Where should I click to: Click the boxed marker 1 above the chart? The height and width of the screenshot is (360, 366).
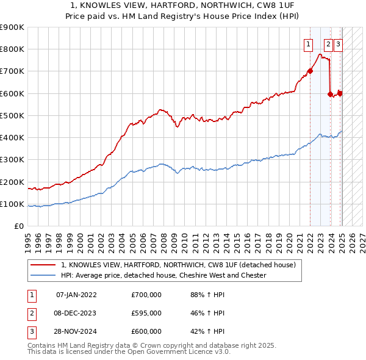[308, 44]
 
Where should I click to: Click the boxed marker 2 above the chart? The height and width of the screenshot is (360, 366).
[328, 44]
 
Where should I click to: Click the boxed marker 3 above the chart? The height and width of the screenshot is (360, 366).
[338, 44]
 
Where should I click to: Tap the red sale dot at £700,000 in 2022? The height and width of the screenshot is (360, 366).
[310, 71]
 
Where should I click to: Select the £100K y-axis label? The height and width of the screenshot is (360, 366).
[12, 204]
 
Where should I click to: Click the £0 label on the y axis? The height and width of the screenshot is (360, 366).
[19, 226]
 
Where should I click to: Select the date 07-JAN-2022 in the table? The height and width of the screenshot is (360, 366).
[76, 295]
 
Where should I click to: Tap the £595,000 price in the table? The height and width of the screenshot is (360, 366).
[146, 313]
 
